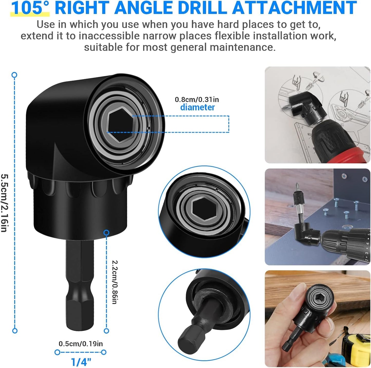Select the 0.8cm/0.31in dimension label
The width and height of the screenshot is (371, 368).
pos(197,100)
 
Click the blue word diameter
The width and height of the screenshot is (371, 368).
pos(197,107)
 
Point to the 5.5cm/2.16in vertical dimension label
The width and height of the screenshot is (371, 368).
pos(4,203)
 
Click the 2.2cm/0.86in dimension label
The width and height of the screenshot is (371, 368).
pos(115,282)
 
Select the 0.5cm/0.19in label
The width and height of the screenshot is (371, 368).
pos(81,344)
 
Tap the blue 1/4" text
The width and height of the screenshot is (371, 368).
pos(81,362)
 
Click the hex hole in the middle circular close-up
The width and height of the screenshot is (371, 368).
pos(204,209)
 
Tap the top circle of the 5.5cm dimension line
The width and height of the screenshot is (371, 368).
pos(15,75)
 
